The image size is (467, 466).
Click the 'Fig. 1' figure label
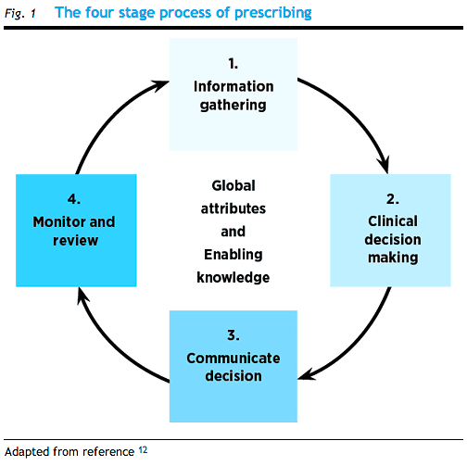coord(20,14)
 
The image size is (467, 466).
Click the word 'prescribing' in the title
coord(273,13)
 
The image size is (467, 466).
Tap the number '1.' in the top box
coord(233,64)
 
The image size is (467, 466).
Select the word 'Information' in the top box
coord(233,86)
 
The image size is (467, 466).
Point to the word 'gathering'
coord(233,106)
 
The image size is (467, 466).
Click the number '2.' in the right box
coord(393,199)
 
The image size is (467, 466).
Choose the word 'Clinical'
coord(393,221)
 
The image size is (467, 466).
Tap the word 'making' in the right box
coord(393,258)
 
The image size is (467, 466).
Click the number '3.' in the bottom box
coord(233,335)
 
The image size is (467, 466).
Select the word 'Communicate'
coord(233,359)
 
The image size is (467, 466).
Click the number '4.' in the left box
coord(74,199)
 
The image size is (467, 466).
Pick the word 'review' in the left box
coord(75,241)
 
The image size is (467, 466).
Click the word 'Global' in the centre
coord(233,185)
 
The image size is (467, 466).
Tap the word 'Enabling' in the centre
coord(233,255)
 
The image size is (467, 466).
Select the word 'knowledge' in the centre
coord(233,277)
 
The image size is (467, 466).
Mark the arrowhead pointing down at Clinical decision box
coord(384,165)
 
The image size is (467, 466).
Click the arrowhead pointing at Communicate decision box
coord(307,374)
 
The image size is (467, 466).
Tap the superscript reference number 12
coord(143,450)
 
